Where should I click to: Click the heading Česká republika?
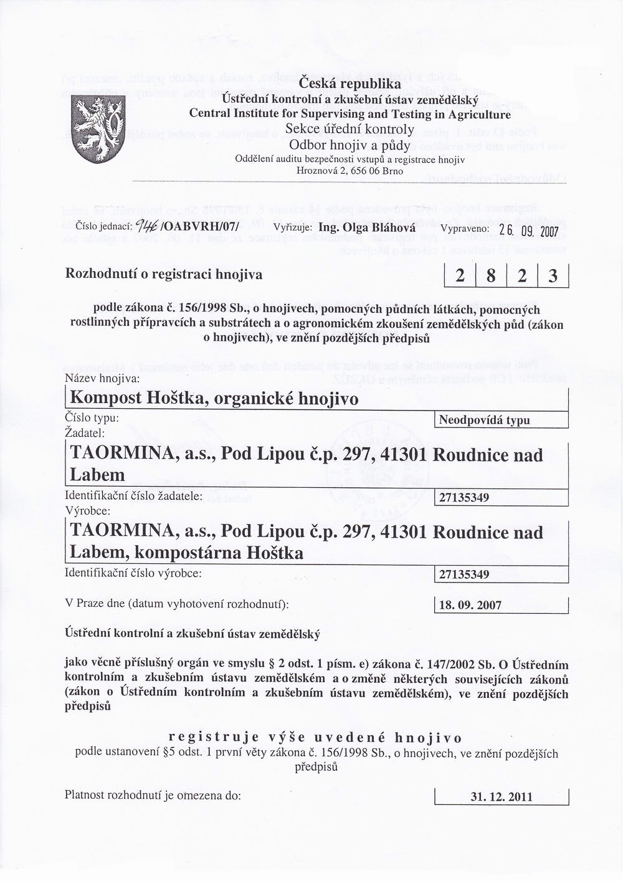[x=350, y=83]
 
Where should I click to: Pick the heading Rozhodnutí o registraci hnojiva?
[x=164, y=274]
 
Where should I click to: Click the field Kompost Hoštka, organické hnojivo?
[x=214, y=398]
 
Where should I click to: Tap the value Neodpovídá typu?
[x=484, y=420]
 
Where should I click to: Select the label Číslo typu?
[x=92, y=418]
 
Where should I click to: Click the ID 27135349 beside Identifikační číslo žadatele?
[x=464, y=497]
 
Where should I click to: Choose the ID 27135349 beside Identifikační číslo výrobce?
[x=464, y=574]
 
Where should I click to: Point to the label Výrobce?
[x=87, y=510]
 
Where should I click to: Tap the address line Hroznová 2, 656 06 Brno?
[x=350, y=171]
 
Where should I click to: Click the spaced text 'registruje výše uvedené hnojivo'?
[x=316, y=738]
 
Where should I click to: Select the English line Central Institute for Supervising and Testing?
[x=350, y=114]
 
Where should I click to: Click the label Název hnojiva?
[x=102, y=378]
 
